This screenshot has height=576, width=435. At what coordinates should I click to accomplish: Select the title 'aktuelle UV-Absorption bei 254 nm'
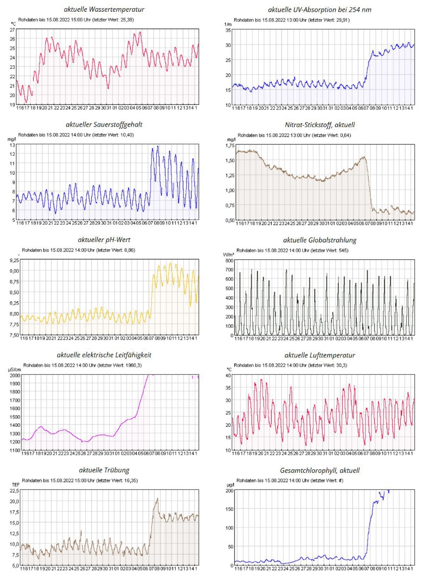(320, 10)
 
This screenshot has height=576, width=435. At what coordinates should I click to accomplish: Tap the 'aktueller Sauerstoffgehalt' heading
(104, 124)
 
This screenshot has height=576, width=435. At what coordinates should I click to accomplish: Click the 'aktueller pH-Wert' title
(104, 239)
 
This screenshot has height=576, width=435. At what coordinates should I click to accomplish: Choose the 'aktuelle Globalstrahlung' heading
(320, 239)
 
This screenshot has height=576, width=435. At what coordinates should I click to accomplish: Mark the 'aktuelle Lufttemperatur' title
(320, 355)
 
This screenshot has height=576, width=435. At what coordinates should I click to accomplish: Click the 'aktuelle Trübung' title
(104, 470)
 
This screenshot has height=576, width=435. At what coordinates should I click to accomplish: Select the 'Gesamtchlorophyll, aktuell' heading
(320, 470)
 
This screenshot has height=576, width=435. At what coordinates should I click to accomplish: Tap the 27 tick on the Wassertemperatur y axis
(12, 30)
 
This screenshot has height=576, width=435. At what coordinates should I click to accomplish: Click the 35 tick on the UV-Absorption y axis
(228, 30)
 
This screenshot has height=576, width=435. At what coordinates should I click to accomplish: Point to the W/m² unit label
(229, 254)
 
